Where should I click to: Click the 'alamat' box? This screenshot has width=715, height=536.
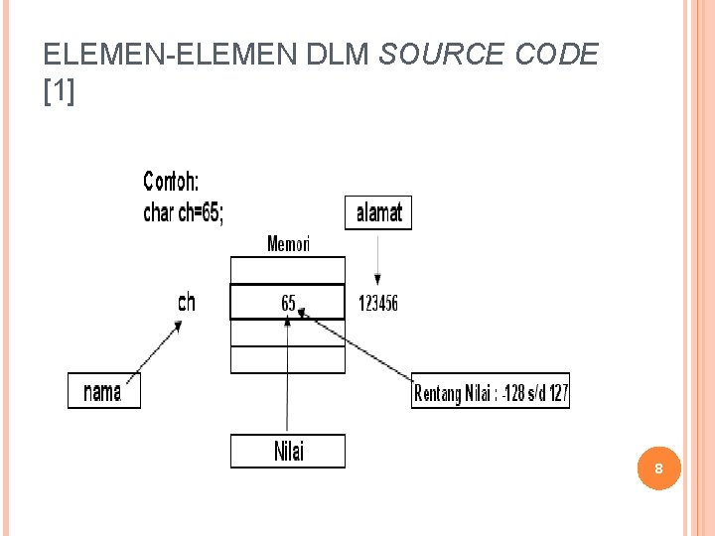point(377,212)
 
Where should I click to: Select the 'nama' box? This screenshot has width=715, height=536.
point(104,391)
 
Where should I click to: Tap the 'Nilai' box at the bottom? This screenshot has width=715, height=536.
point(288,452)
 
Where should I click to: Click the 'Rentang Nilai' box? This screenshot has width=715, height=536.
point(491,393)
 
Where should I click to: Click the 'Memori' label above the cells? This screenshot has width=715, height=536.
point(288,243)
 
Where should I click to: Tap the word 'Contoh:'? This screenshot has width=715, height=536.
point(171,181)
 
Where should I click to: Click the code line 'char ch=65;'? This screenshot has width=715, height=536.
point(184,212)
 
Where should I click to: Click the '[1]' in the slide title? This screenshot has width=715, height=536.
point(60,92)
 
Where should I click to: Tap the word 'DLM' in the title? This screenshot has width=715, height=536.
point(339,54)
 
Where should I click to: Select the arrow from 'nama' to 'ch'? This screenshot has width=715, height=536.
point(159,347)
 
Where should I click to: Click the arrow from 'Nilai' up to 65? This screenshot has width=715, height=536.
point(288,377)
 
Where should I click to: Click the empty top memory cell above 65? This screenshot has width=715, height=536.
point(288,270)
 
